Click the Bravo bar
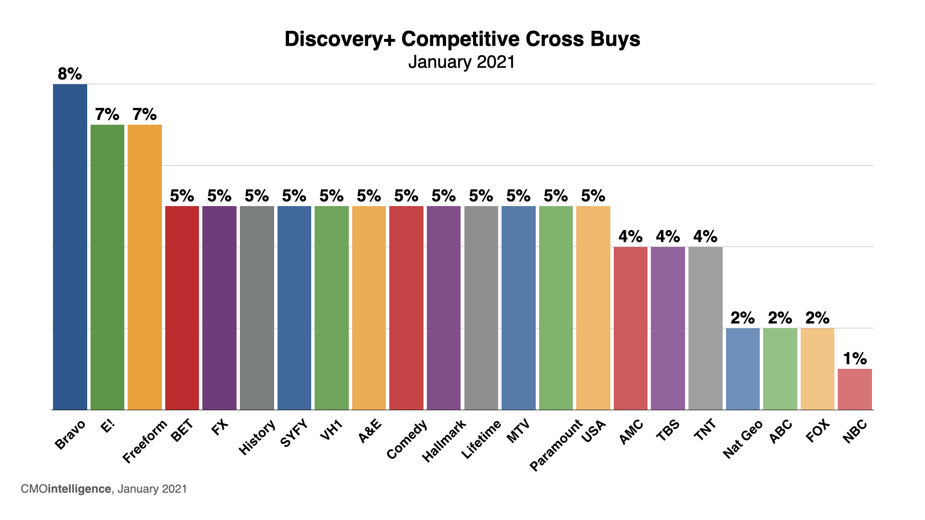coord(70,247)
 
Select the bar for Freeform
coord(145,267)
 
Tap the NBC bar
coord(855,389)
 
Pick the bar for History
coord(257,308)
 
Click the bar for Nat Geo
coord(742,369)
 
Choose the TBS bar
coord(668,328)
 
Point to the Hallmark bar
coord(444,308)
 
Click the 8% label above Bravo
coord(70,74)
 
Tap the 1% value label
coord(855,359)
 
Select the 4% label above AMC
coord(631,236)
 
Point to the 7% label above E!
coord(107,115)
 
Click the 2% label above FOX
coord(818,318)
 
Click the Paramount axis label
coord(556,445)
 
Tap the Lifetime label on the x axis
coord(481,439)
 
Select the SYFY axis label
coord(294,433)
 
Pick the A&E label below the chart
coord(370,431)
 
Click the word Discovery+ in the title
coord(340,39)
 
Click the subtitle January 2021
coord(462,62)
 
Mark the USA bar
coord(593,308)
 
